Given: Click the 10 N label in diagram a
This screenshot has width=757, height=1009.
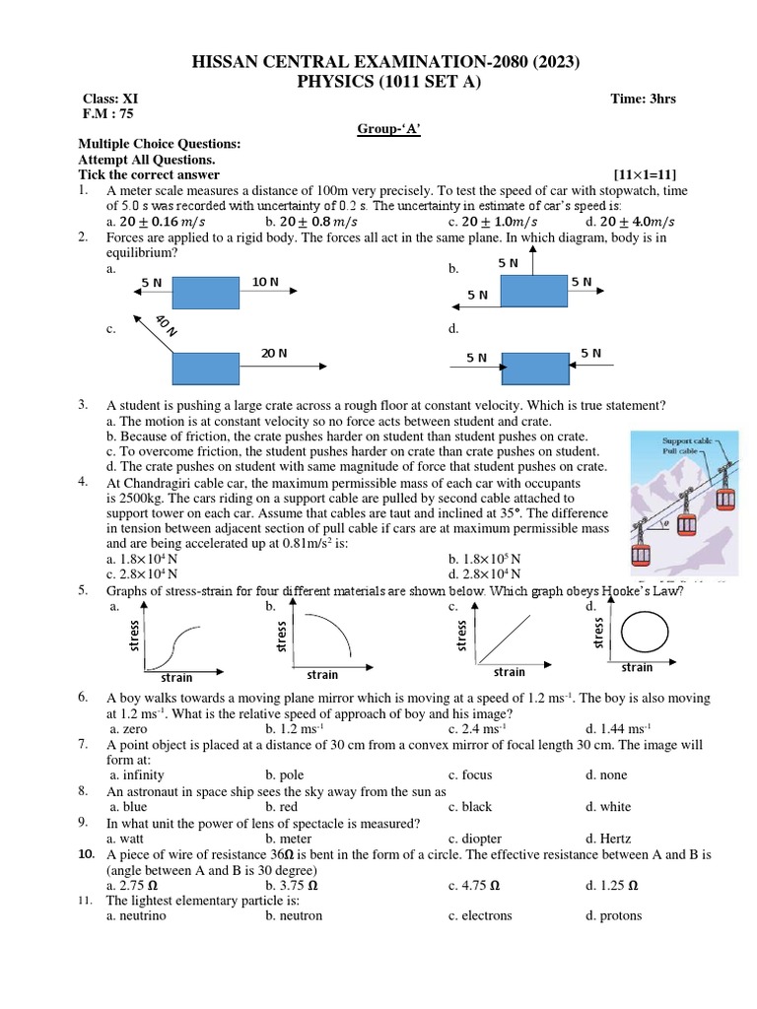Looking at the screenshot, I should (265, 283).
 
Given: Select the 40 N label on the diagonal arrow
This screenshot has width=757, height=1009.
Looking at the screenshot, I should (166, 325).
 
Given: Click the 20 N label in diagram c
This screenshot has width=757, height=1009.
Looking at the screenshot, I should (274, 352).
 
